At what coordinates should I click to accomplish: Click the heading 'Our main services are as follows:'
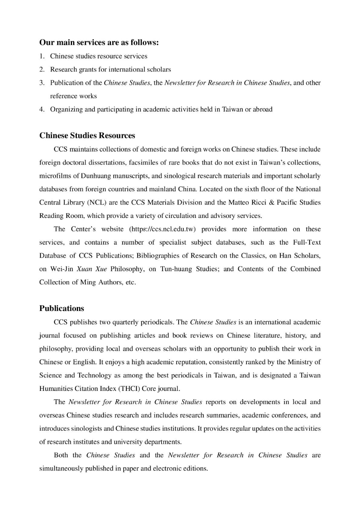pos(99,43)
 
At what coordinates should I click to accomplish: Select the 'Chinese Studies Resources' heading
pos(87,136)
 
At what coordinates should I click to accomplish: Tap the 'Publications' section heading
pos(62,309)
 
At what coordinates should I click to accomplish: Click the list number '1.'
pos(42,56)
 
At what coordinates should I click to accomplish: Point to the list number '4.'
pos(42,109)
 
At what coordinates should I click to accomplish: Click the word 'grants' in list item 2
pos(88,70)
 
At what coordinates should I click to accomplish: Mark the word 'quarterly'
pos(132,322)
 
